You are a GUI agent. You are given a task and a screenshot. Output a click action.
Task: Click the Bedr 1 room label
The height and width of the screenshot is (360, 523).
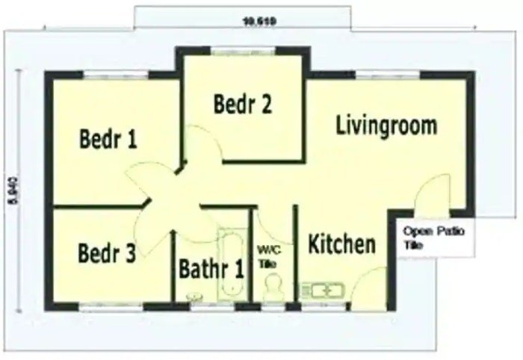[108, 138]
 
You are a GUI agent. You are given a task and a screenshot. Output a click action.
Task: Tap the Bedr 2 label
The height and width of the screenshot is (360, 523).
[242, 104]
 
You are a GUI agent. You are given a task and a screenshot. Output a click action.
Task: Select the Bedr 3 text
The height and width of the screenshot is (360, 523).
[107, 253]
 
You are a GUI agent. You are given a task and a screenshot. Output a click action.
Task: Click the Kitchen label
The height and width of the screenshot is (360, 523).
[342, 243]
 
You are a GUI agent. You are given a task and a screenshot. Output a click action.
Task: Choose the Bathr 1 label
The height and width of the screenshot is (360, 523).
[211, 268]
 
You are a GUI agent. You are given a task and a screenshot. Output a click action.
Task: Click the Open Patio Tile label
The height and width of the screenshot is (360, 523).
[434, 238]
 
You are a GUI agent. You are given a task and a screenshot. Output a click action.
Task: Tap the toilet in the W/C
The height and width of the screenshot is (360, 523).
[273, 288]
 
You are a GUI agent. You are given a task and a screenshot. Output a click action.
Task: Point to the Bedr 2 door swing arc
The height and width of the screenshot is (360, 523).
[200, 142]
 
